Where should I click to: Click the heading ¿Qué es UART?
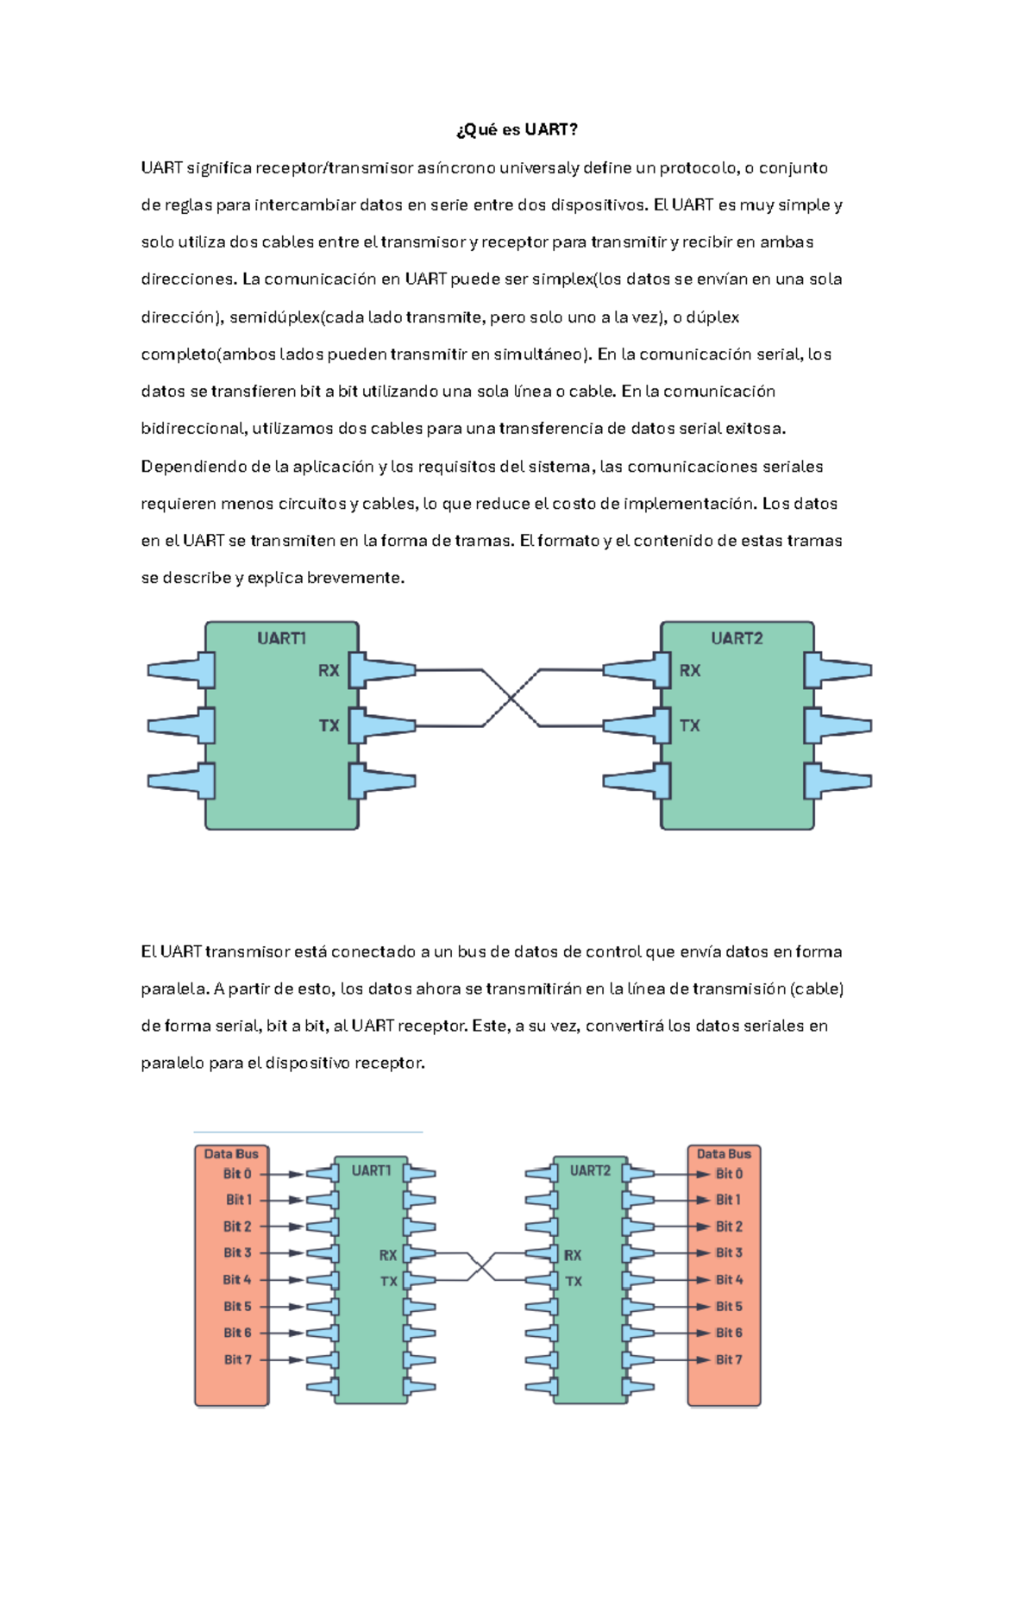tap(517, 130)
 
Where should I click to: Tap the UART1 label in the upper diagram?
tap(281, 638)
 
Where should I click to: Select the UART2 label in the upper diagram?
tap(737, 638)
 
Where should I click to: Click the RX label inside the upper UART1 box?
tap(329, 670)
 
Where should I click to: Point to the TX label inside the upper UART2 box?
tap(690, 725)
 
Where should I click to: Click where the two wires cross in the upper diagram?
tap(511, 698)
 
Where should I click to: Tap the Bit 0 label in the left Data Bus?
tap(237, 1174)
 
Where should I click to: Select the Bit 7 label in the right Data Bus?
tap(729, 1360)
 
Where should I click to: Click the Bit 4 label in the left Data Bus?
tap(237, 1280)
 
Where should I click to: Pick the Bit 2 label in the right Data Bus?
tap(729, 1227)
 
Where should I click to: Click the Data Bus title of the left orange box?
tap(231, 1154)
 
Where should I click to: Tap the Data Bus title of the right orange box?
tap(724, 1154)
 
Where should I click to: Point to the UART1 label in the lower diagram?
tap(371, 1170)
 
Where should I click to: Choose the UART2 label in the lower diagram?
tap(590, 1170)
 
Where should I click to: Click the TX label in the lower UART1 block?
tap(389, 1282)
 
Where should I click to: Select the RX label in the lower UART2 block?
tap(573, 1255)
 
